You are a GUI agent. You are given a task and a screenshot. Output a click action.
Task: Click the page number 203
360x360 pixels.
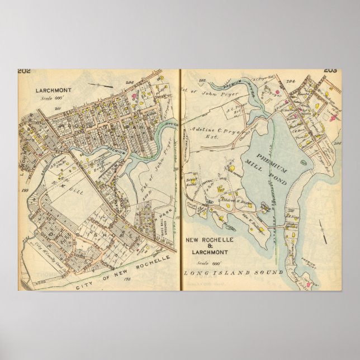pyautogui.click(x=330, y=70)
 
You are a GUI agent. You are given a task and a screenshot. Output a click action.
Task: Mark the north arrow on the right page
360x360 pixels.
pyautogui.click(x=323, y=230)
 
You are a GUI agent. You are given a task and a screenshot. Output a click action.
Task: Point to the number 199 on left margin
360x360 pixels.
pyautogui.click(x=25, y=191)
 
